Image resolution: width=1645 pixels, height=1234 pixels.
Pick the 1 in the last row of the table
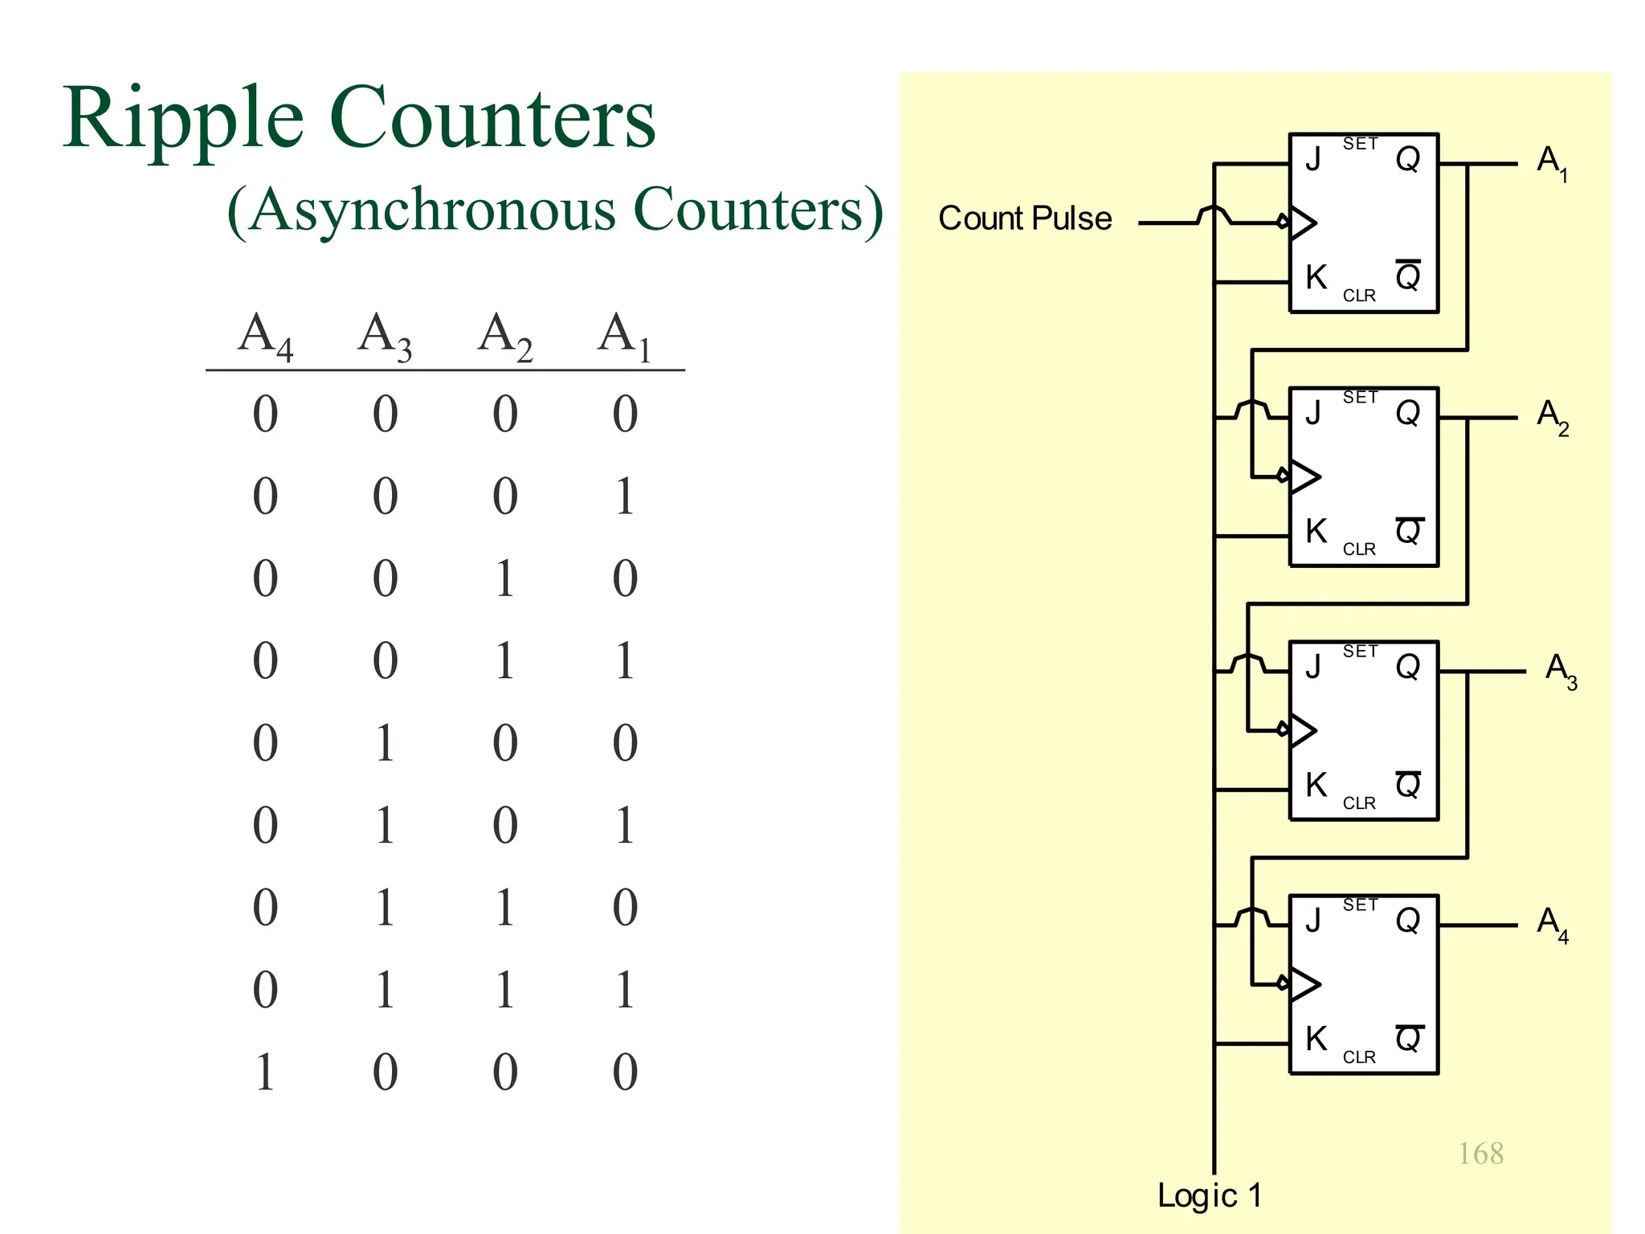(265, 1072)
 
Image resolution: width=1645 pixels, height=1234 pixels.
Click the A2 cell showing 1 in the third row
(504, 578)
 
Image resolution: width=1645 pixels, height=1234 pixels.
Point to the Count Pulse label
(1025, 219)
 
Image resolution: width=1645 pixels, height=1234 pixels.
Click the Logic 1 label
(1209, 1195)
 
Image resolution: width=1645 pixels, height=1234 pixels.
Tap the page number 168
(1480, 1154)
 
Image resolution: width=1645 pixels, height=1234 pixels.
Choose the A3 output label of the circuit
(1560, 670)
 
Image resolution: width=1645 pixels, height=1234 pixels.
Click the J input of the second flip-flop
(1313, 413)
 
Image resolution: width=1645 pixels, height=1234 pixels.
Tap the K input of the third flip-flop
(1316, 785)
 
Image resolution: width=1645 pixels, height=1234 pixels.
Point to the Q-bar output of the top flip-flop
(1408, 276)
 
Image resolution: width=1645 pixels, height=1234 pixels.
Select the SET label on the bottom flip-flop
(1360, 905)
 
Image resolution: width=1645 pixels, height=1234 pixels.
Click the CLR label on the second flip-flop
(1359, 550)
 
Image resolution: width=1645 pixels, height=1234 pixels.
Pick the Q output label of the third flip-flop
(1408, 667)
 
